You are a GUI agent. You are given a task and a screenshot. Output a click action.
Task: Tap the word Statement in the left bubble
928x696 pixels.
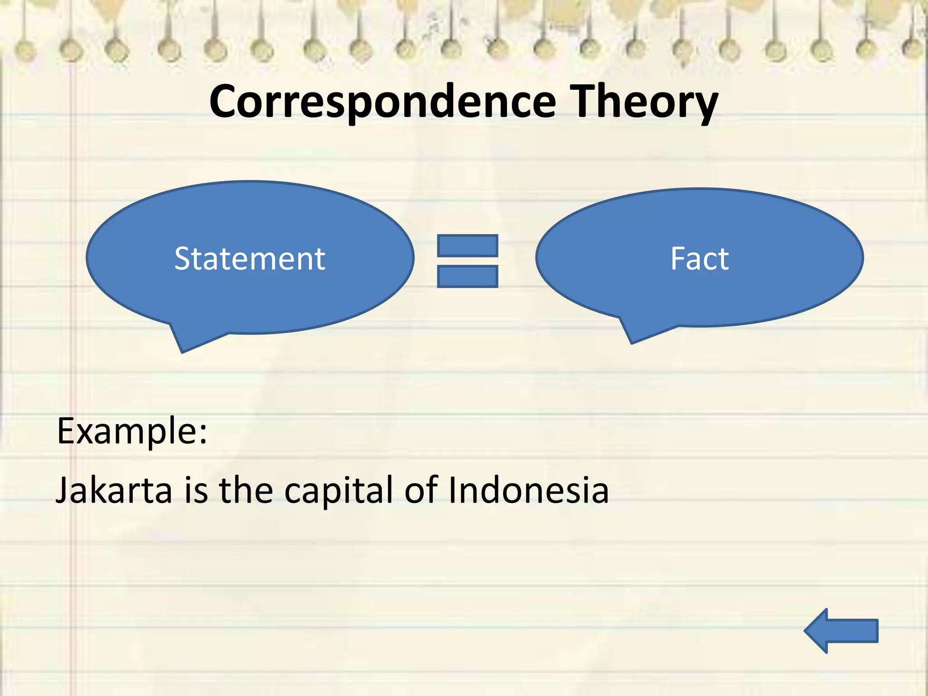250,259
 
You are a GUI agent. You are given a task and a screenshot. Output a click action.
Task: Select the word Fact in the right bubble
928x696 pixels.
700,259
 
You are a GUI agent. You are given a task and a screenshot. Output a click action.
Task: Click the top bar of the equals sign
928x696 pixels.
468,246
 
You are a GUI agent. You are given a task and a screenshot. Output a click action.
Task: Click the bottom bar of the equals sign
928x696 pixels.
468,276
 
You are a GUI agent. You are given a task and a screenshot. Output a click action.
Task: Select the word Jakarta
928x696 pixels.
114,490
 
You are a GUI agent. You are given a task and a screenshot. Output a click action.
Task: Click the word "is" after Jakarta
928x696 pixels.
196,490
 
